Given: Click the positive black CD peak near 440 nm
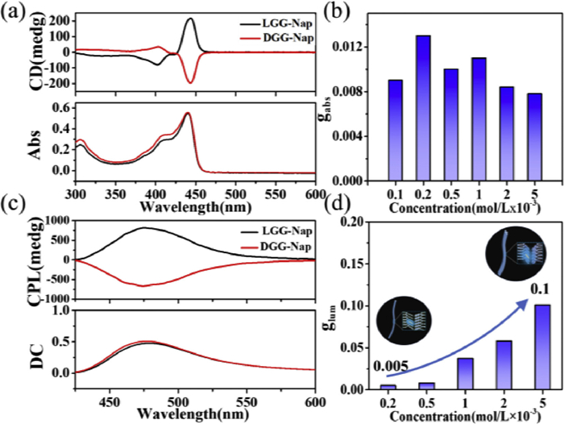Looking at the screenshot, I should click(190, 19).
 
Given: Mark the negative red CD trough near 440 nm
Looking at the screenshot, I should click(190, 81).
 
